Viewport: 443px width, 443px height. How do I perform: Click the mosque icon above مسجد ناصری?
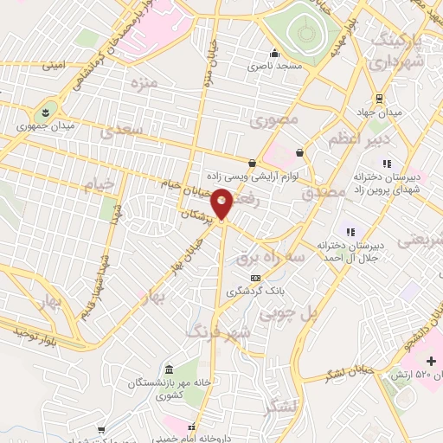[x=275, y=53]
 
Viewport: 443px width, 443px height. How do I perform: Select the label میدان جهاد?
[x=378, y=112]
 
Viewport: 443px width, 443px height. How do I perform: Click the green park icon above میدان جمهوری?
[x=45, y=111]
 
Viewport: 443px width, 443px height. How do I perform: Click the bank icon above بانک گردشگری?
[x=254, y=278]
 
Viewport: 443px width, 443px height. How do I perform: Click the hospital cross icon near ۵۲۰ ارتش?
[x=432, y=360]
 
